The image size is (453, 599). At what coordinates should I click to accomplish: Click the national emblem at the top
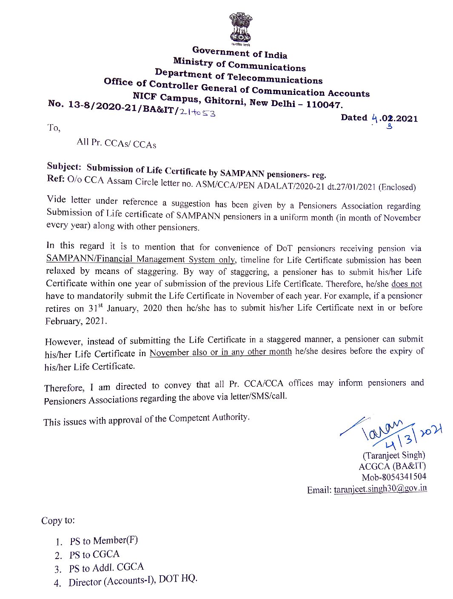240,27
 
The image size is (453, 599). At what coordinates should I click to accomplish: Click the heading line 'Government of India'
239,53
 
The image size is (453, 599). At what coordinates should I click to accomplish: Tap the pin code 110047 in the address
324,104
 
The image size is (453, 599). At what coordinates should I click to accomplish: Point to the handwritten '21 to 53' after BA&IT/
197,112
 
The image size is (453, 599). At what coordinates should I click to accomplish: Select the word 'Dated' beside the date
354,117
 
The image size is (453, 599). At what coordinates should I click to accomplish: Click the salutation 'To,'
54,128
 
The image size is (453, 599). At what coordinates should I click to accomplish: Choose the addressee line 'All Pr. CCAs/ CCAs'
116,143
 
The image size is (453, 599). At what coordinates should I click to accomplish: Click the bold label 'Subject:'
64,166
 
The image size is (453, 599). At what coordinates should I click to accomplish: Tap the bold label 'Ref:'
55,179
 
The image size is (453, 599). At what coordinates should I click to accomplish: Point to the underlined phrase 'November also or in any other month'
220,352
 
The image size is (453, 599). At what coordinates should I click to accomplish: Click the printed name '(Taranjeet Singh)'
394,455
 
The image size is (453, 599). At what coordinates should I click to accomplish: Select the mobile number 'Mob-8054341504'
393,477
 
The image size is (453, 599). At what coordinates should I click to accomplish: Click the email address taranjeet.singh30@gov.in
380,489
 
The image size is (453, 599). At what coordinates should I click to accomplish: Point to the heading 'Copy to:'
58,520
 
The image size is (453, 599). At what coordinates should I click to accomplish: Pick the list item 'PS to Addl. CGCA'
106,568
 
